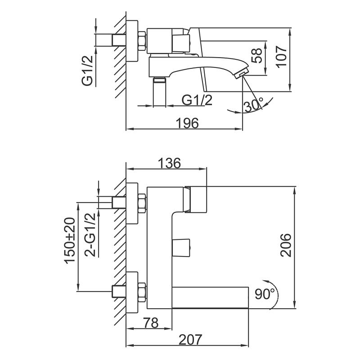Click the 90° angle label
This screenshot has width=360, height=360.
pyautogui.click(x=265, y=294)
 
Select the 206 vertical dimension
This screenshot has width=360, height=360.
pyautogui.click(x=285, y=245)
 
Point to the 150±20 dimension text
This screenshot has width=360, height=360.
pyautogui.click(x=70, y=241)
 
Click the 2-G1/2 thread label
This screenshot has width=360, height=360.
pyautogui.click(x=90, y=234)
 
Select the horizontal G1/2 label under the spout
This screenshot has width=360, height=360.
pyautogui.click(x=197, y=100)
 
